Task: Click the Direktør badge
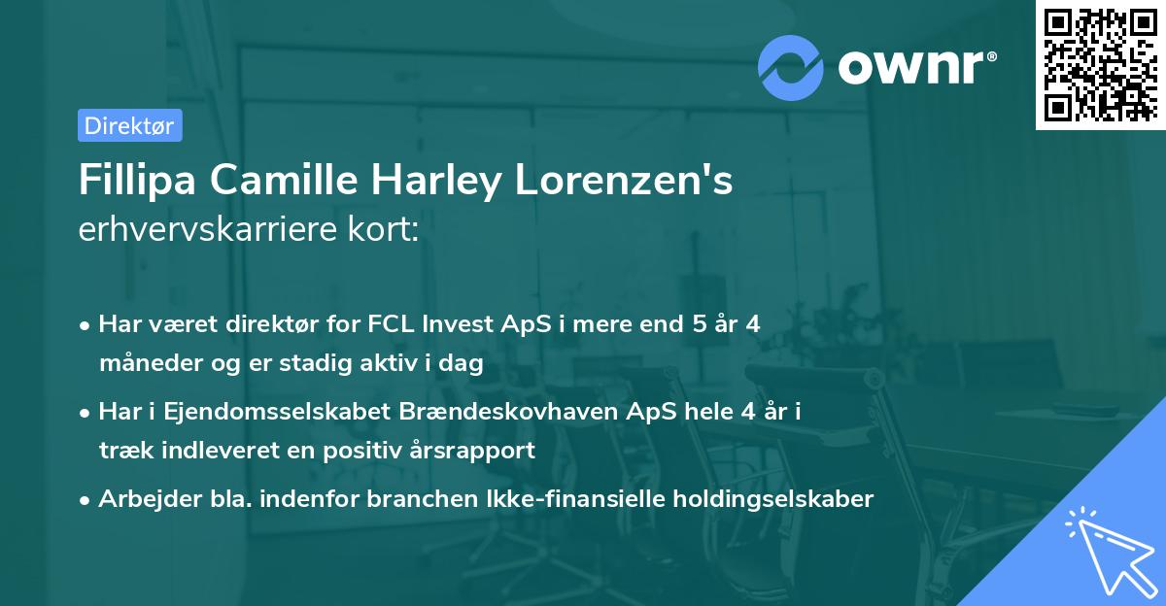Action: [x=129, y=125]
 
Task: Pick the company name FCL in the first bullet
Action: [x=393, y=324]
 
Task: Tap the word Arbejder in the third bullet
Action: [x=143, y=499]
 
